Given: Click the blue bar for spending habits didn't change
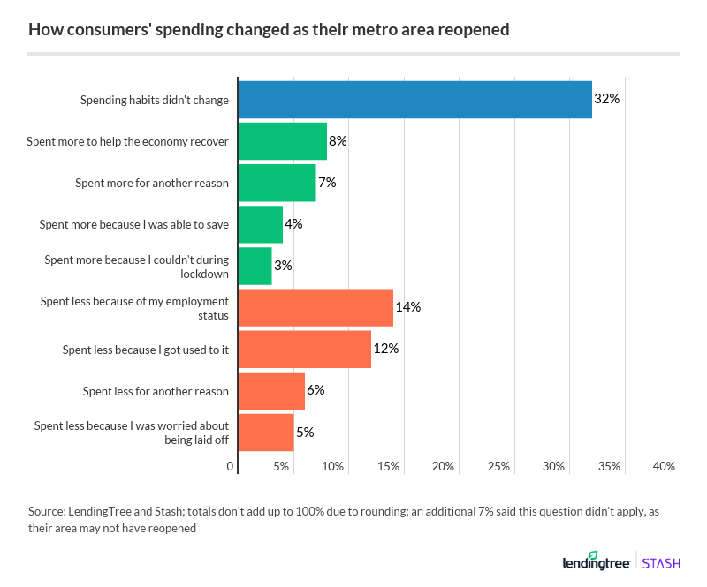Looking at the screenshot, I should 415,100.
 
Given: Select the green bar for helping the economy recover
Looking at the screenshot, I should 283,141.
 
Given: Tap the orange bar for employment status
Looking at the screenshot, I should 315,307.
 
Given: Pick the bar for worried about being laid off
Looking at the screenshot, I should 266,433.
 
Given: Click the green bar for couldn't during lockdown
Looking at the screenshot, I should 255,266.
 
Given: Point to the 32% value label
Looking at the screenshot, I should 606,100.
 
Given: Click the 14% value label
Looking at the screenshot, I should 407,307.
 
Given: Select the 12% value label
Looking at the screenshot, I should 385,349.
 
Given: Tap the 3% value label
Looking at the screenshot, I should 283,266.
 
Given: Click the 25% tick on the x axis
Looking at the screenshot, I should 499,466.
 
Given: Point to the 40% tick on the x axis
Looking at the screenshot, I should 665,466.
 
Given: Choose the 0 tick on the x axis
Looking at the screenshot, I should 231,466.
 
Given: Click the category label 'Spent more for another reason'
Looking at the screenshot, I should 152,183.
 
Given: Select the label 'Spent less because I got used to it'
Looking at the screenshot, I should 146,350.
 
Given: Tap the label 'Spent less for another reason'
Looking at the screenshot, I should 156,391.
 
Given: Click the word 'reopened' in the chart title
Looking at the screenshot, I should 475,30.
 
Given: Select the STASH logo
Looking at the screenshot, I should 660,561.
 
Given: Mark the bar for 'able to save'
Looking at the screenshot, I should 261,224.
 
